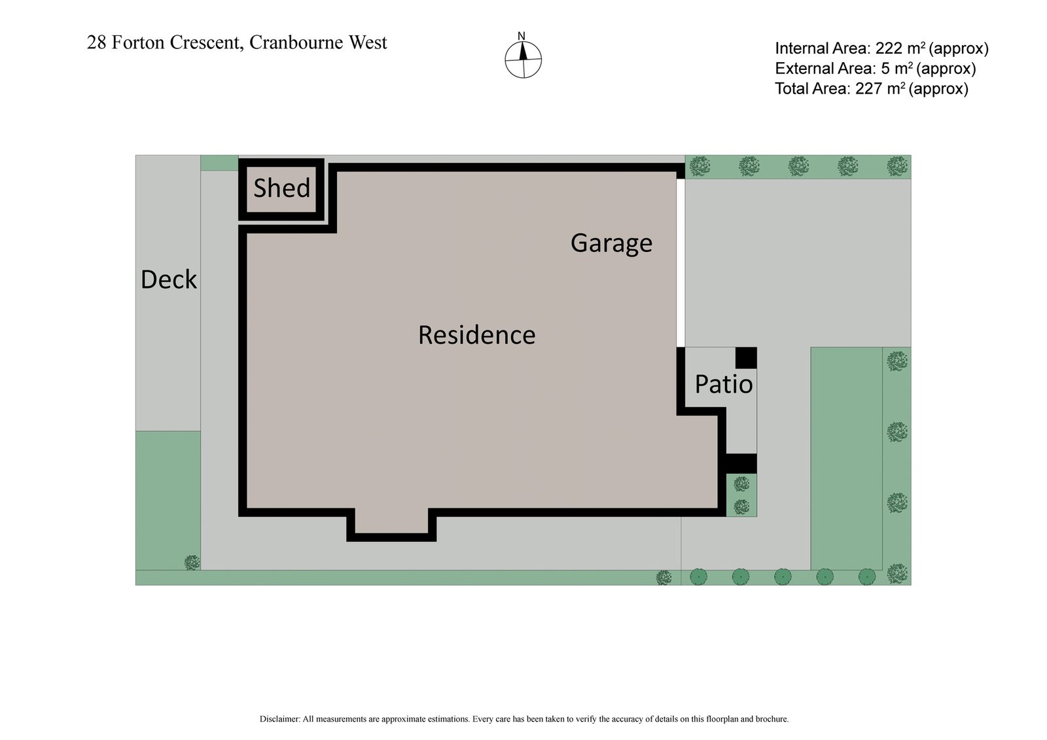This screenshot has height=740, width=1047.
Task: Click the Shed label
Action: [x=281, y=188]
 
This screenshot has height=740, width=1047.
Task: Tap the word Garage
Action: [x=611, y=243]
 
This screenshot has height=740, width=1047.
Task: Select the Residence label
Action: [x=476, y=335]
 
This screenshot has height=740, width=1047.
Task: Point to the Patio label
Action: [x=723, y=384]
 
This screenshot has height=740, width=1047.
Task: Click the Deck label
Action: [x=168, y=279]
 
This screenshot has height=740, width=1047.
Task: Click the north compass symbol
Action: [x=523, y=58]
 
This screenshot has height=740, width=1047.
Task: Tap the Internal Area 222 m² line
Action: [x=881, y=48]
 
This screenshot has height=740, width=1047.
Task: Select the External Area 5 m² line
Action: [x=875, y=69]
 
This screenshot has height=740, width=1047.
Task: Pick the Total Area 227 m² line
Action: [x=871, y=89]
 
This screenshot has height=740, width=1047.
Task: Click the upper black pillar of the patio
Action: [x=746, y=358]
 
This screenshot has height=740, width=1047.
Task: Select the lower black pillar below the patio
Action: [x=741, y=463]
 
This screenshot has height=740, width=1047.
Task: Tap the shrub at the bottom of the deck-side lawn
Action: [x=192, y=562]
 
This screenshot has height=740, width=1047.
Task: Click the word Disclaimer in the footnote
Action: [x=279, y=719]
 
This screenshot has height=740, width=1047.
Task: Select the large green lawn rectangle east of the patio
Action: [x=845, y=458]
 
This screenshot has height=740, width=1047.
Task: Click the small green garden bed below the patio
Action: [x=741, y=495]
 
